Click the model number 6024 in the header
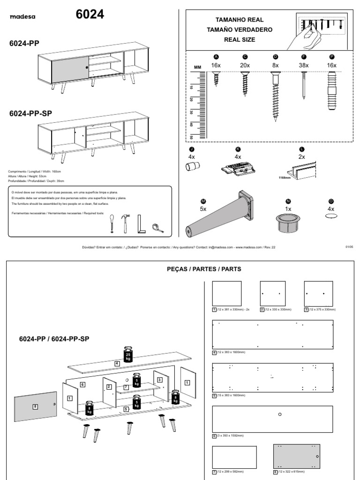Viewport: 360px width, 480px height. pyautogui.click(x=90, y=15)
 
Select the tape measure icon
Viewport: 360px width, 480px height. pyautogui.click(x=157, y=227)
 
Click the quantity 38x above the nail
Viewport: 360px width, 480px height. pyautogui.click(x=304, y=65)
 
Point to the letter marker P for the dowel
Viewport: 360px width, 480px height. pyautogui.click(x=332, y=57)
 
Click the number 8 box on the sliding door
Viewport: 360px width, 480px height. pyautogui.click(x=35, y=406)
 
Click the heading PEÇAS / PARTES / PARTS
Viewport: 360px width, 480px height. pyautogui.click(x=204, y=269)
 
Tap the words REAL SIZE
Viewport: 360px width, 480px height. pyautogui.click(x=239, y=40)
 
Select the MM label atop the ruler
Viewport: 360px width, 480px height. pyautogui.click(x=197, y=67)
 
